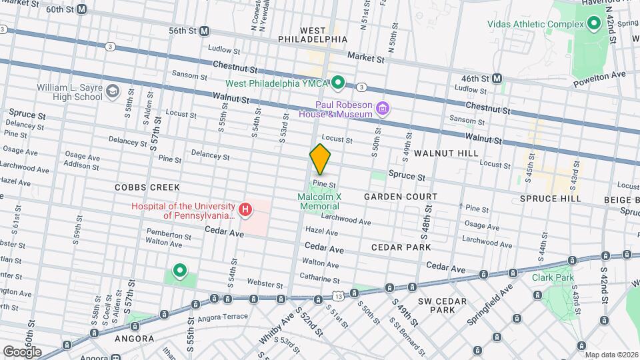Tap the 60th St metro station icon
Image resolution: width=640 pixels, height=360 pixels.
(81, 9)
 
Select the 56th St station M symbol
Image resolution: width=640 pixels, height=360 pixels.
(205, 31)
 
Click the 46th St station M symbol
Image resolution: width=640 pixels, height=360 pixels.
(497, 79)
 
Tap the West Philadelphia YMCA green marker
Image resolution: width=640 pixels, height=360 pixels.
(338, 83)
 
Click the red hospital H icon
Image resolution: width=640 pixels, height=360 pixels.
(245, 211)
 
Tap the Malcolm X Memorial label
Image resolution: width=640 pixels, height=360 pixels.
(320, 201)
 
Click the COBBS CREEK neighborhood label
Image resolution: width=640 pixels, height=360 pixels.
(139, 188)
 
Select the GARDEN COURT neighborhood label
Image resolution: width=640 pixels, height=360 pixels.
(401, 197)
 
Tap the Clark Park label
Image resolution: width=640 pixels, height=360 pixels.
(547, 277)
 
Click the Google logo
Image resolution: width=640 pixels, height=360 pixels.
(22, 351)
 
